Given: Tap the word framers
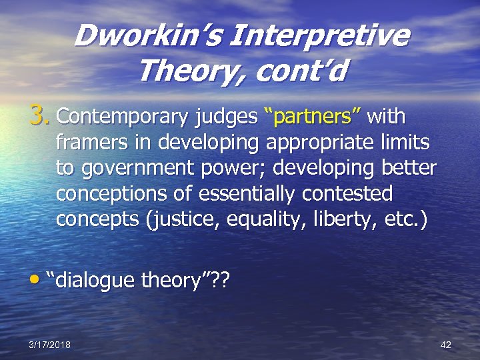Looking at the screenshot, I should tap(91, 142).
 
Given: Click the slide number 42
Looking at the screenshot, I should tap(446, 345).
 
